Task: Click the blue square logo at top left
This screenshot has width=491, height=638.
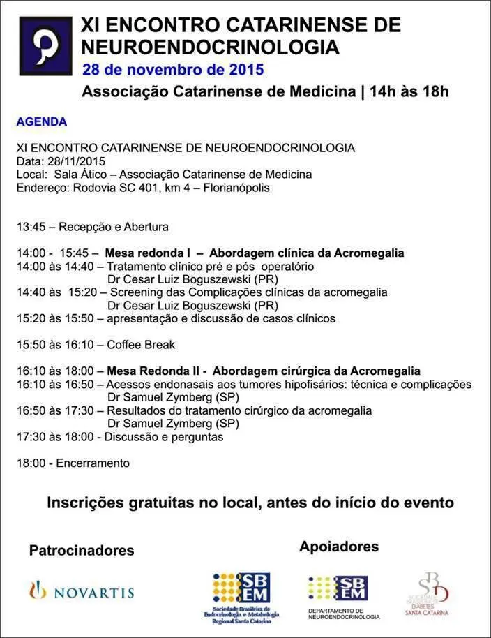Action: point(45,46)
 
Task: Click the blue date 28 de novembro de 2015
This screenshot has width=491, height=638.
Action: point(173,70)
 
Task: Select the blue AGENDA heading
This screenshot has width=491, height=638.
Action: point(42,121)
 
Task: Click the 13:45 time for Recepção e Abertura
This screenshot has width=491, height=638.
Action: point(31,227)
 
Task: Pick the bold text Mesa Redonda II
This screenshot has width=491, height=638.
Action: point(148,371)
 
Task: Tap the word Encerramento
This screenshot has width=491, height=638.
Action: point(93,463)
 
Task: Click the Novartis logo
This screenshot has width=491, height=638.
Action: point(81,592)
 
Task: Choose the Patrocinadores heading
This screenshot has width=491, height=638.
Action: point(82,551)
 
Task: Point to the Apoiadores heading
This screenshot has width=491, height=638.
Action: point(339,547)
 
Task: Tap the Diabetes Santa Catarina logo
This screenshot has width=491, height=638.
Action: point(428,593)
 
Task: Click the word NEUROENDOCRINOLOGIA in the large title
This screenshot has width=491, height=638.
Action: point(210,47)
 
